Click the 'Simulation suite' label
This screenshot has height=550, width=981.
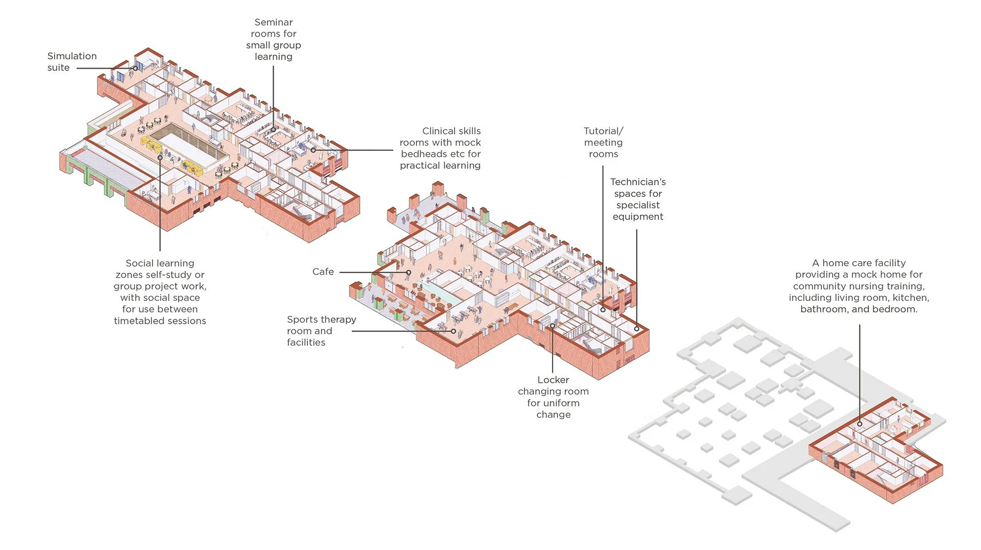(x=71, y=62)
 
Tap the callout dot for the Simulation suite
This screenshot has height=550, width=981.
(x=136, y=68)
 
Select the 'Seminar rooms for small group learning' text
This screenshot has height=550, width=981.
(x=273, y=39)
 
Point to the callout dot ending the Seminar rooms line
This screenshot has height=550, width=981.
(x=273, y=130)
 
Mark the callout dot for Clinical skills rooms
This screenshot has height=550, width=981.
(x=313, y=150)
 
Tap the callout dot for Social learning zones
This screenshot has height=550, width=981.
(x=160, y=158)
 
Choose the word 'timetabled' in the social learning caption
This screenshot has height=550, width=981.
(x=137, y=321)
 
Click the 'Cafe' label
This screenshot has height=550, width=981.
(x=323, y=271)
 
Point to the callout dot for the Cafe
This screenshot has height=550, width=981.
(x=408, y=272)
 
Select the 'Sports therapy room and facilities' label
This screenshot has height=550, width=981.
(x=321, y=330)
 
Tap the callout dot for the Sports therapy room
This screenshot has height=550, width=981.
(x=453, y=331)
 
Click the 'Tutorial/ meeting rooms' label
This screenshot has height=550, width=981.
(x=603, y=142)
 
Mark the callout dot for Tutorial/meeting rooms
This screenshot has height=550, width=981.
(x=603, y=310)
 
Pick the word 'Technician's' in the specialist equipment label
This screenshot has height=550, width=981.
(x=638, y=182)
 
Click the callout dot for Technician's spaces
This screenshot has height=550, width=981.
(x=637, y=329)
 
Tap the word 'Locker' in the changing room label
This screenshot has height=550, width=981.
(x=553, y=379)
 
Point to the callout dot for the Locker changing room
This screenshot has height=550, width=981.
(x=552, y=326)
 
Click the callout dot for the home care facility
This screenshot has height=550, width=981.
(x=859, y=424)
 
